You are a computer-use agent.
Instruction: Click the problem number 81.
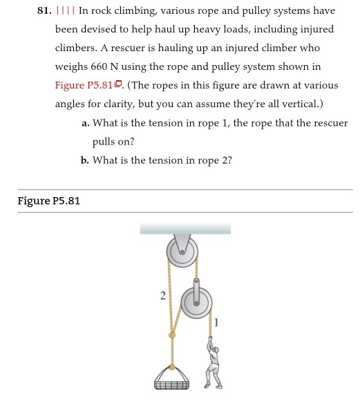45,11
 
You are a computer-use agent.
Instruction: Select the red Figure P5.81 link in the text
84,86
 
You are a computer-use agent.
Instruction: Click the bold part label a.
85,123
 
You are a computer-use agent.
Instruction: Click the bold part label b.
85,160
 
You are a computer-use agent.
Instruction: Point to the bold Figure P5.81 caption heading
49,201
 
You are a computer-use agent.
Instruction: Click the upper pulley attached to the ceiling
182,251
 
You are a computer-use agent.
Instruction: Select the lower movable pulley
196,302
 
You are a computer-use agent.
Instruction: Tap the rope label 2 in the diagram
162,296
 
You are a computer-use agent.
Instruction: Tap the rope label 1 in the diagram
216,321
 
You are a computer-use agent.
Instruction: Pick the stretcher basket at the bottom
171,378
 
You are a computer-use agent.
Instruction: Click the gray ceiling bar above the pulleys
185,228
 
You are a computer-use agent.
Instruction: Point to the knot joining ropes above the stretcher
172,335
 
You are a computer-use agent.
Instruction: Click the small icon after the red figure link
118,85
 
